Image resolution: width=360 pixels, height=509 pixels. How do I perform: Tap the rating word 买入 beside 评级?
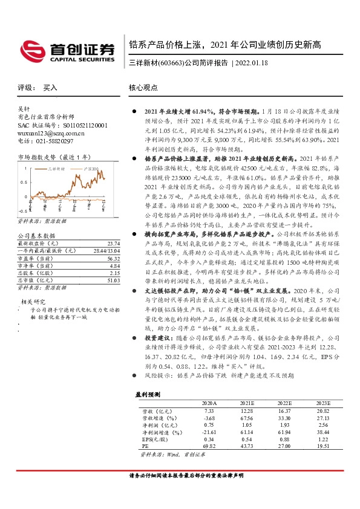click(50, 88)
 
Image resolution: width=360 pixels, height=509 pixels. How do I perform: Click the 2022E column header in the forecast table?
click(284, 402)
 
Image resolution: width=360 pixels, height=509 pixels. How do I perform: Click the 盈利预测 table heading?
click(148, 394)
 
